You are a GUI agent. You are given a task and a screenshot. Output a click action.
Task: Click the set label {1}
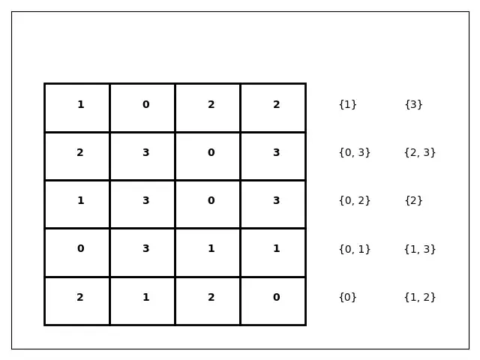348,105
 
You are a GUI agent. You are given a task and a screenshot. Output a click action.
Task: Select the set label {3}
413,105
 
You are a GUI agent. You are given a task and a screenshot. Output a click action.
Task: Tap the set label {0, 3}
355,152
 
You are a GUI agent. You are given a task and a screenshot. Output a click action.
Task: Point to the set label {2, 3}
420,152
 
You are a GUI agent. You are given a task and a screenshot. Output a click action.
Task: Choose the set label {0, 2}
355,200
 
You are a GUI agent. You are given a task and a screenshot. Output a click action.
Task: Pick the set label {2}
413,200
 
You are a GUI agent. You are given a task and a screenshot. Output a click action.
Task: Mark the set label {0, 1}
355,249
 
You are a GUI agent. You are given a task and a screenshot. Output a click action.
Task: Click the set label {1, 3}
420,249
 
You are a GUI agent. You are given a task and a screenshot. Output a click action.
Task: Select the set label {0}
348,297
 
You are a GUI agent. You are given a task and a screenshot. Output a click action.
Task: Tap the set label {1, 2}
420,297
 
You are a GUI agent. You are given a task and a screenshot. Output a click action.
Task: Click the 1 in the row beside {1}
81,105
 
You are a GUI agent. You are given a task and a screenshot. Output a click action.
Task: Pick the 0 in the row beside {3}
146,105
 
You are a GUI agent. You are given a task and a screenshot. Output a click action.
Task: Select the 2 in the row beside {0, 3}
80,152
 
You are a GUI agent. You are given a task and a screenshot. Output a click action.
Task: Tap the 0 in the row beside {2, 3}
211,152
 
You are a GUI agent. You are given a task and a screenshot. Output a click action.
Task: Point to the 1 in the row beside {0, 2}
81,200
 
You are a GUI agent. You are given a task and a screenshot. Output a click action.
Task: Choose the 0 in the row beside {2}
211,200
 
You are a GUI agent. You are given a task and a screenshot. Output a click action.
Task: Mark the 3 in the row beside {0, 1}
146,248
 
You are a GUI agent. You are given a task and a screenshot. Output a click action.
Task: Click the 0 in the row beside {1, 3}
81,248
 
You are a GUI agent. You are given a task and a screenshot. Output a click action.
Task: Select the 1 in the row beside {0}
146,297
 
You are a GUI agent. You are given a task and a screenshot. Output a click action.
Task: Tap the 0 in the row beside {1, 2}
277,297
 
